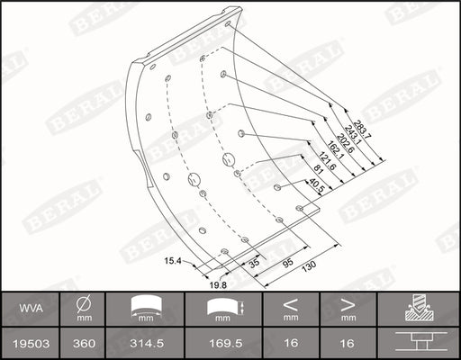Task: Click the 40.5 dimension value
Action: (x=315, y=191)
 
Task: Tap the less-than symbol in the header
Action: (x=290, y=305)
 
